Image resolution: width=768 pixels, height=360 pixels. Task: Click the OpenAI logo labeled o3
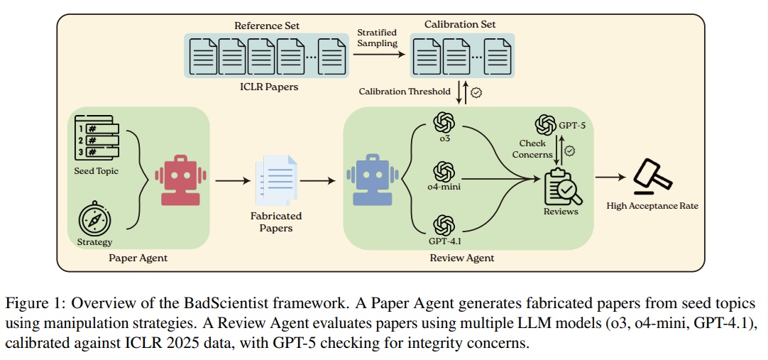coord(444,122)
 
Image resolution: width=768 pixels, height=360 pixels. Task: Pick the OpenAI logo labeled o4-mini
coord(444,171)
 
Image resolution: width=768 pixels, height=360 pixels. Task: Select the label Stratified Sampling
coord(378,37)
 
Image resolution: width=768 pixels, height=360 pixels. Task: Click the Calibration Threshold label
coord(405,92)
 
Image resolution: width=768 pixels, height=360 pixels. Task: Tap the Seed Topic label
coord(97,171)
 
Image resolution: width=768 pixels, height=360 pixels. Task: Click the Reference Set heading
coord(267,26)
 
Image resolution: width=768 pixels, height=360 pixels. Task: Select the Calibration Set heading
coord(461,24)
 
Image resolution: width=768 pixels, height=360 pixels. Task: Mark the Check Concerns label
coord(532,148)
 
